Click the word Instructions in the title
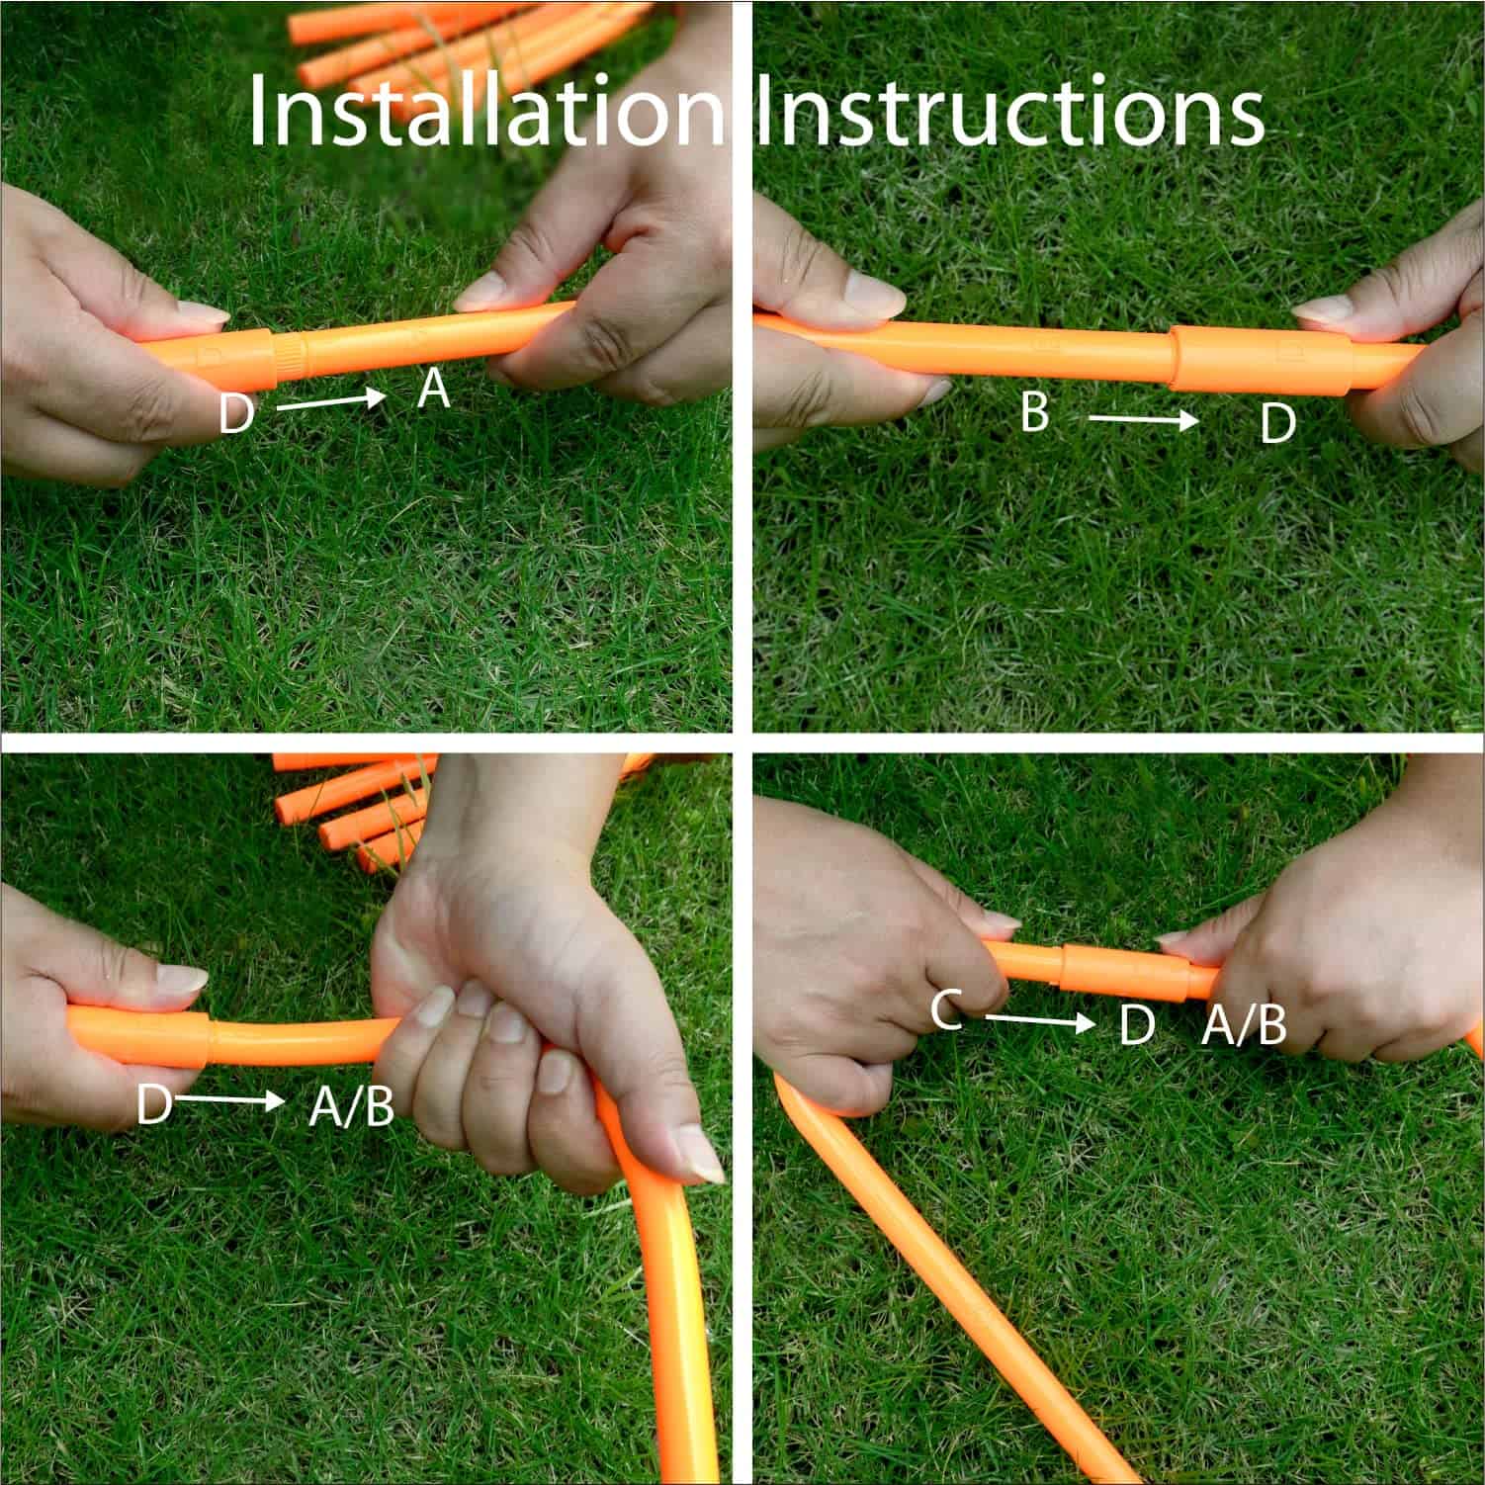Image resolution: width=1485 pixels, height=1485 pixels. tap(1008, 111)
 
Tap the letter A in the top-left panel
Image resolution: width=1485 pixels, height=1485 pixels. tap(433, 390)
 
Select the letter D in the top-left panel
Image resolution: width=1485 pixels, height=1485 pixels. tap(235, 413)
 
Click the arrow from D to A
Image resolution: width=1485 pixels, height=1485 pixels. tap(329, 400)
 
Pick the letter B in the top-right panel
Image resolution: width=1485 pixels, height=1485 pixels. tap(1034, 410)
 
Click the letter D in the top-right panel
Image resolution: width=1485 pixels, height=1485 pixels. tap(1277, 424)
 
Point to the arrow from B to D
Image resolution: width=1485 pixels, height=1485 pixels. tap(1143, 420)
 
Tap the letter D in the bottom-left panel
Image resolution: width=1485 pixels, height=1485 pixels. tap(154, 1104)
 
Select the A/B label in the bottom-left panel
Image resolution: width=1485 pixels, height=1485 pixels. tap(351, 1107)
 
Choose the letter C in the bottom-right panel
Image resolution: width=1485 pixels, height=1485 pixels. tap(946, 1010)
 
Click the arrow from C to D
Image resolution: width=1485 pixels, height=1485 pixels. tap(1039, 1019)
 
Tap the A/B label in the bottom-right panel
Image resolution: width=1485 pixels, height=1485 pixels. tap(1244, 1026)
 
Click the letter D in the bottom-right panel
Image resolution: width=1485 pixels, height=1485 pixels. tap(1137, 1025)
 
